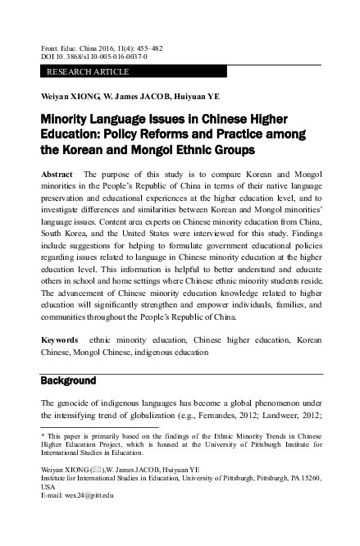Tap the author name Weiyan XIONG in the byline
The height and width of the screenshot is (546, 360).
coord(69,95)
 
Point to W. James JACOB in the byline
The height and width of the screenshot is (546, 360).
coord(135,95)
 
